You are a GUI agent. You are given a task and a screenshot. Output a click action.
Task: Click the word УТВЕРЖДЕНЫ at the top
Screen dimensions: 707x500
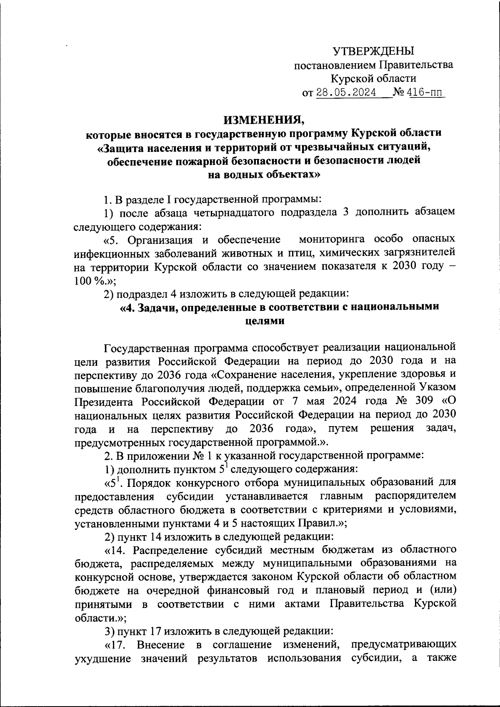[x=373, y=51]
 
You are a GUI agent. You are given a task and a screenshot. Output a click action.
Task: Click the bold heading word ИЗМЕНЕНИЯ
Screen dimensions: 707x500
[x=264, y=120]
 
